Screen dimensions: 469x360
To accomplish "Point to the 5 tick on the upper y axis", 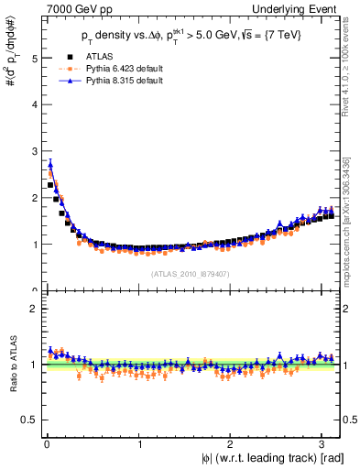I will click(x=34, y=58).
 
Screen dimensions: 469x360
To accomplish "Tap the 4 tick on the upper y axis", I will click(x=34, y=104).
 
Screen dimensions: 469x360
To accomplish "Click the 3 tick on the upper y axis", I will click(x=34, y=151).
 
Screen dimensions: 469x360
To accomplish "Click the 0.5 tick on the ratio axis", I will click(x=29, y=420).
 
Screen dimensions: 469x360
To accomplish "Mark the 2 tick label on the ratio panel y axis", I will click(x=34, y=309).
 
